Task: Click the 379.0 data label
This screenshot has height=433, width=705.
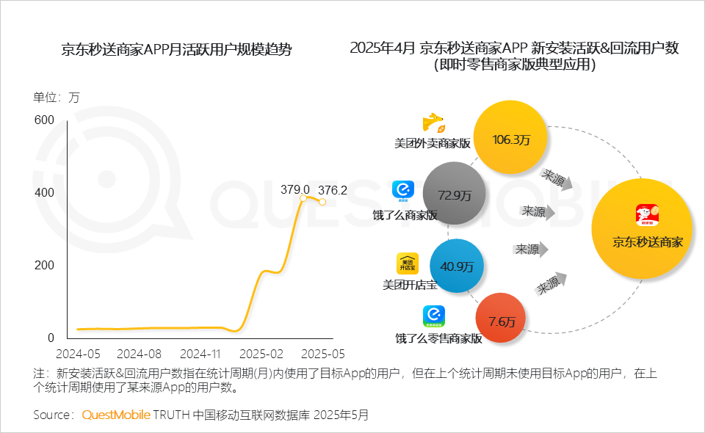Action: tap(295, 189)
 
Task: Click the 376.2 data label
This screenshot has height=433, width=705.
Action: tap(333, 189)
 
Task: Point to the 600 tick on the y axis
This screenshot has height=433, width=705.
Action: tap(44, 120)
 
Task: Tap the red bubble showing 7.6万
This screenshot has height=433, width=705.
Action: tap(502, 321)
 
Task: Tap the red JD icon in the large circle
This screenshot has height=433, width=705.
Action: tap(648, 216)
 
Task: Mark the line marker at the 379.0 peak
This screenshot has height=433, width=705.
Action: tap(303, 198)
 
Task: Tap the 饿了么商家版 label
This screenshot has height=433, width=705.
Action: tap(405, 215)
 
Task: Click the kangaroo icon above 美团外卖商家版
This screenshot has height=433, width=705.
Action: tap(434, 123)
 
